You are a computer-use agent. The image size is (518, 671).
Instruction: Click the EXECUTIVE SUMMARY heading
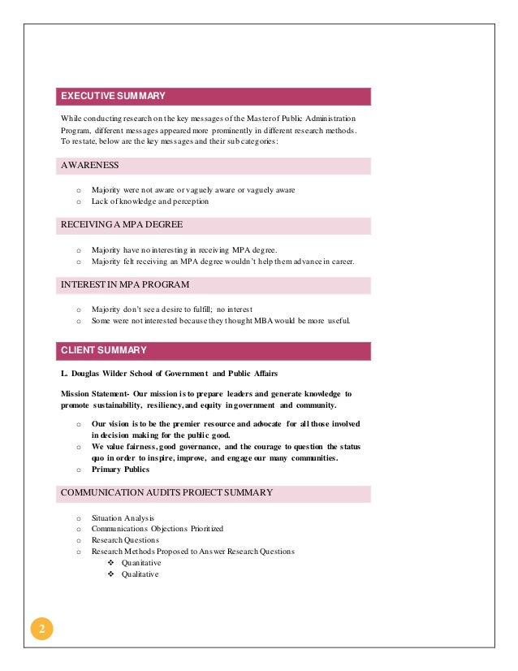coord(114,97)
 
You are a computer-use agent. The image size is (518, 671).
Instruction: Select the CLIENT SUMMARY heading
coord(104,351)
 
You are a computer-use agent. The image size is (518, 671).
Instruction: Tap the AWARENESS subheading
coord(90,166)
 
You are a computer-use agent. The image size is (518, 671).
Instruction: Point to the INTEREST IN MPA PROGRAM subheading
coord(125,285)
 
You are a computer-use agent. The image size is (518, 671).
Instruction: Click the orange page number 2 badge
coord(41,630)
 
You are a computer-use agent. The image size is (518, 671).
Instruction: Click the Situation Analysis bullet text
coord(123,517)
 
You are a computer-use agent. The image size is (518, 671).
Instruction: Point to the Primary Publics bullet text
coord(121,470)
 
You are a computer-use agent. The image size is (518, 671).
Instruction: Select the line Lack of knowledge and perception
coord(150,201)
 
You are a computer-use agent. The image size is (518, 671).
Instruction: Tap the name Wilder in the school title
coord(121,374)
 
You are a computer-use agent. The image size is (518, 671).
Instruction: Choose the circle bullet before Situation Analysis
coord(78,518)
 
